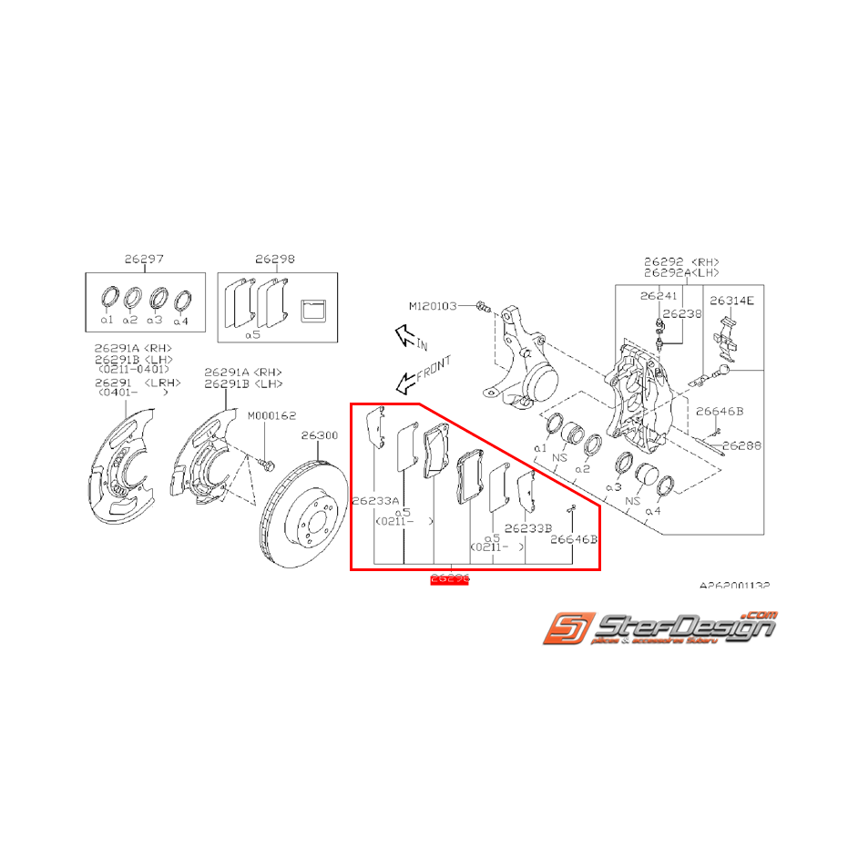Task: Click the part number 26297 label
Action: tap(144, 260)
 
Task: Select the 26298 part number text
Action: tap(274, 260)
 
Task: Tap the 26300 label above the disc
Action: tap(320, 435)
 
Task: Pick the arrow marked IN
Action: tap(405, 339)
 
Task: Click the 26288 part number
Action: tap(742, 446)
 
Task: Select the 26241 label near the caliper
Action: tap(659, 295)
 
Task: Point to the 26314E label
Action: tap(731, 300)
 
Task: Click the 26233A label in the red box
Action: tap(375, 500)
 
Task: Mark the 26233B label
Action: tap(527, 528)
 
